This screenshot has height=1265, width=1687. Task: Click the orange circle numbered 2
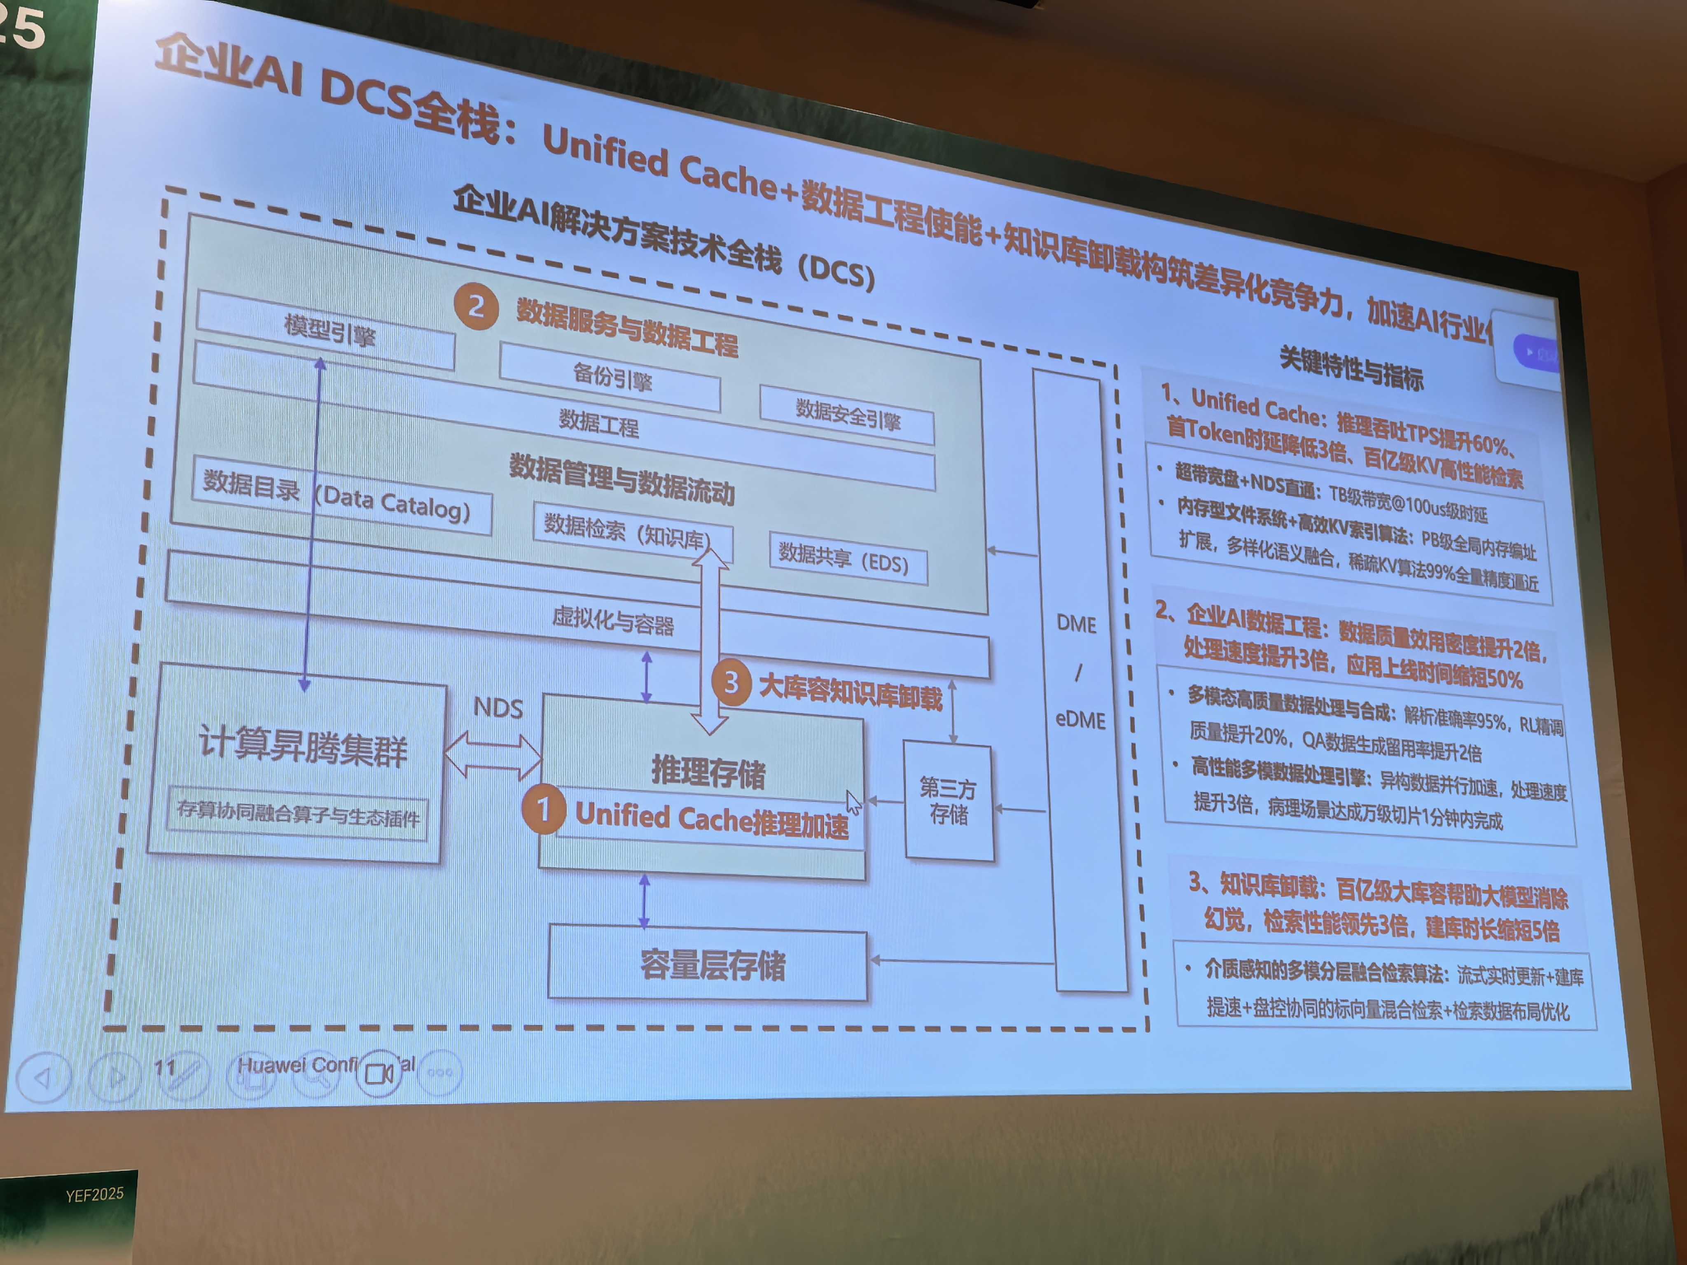(475, 306)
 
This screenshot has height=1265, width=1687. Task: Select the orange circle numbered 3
(731, 682)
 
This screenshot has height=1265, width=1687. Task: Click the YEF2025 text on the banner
(95, 1194)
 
